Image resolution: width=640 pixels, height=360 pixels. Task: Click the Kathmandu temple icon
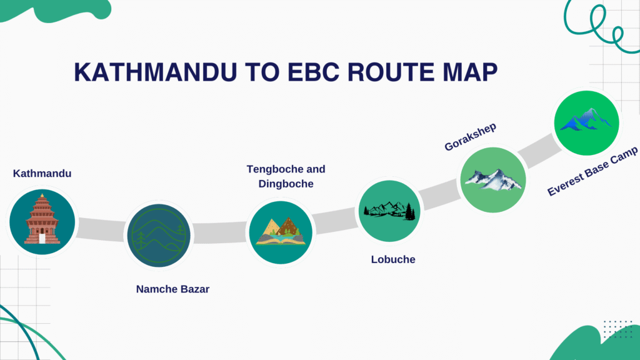(x=42, y=221)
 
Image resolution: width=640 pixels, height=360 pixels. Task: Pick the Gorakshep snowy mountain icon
(x=493, y=179)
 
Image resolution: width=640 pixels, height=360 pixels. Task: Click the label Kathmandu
(x=42, y=173)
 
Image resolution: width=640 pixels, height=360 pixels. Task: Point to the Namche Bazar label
(x=172, y=289)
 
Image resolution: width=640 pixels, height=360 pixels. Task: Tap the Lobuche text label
(x=393, y=259)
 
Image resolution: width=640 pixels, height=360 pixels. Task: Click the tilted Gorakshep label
(x=470, y=137)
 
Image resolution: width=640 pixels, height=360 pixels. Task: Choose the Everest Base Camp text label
(x=592, y=171)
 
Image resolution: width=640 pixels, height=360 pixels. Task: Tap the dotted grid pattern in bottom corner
(x=618, y=329)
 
